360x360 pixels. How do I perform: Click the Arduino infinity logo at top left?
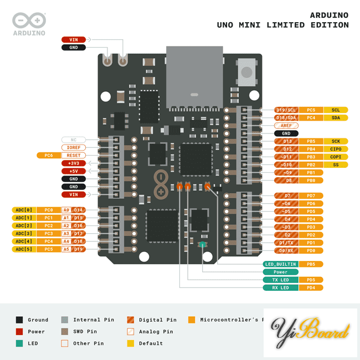(x=29, y=20)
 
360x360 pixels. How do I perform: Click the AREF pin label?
(x=286, y=126)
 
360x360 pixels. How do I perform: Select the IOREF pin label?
(x=73, y=147)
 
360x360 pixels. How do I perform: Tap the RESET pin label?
(x=73, y=156)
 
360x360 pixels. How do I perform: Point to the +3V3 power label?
(x=73, y=163)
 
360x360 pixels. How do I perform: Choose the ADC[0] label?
(x=24, y=210)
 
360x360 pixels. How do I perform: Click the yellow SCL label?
(x=336, y=110)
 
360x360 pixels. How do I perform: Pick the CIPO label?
(x=336, y=149)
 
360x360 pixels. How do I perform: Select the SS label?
(x=336, y=164)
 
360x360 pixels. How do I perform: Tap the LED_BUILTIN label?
(x=280, y=264)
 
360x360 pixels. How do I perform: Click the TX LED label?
(x=280, y=280)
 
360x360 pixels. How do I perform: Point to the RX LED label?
(x=280, y=287)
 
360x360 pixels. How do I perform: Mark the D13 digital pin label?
(x=286, y=141)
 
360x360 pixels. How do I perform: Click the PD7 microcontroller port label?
(x=311, y=196)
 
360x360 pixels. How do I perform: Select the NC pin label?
(x=73, y=140)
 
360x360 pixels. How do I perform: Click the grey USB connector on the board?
(x=194, y=78)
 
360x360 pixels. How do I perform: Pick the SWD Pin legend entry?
(x=85, y=331)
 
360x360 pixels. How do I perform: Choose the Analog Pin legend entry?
(x=157, y=331)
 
